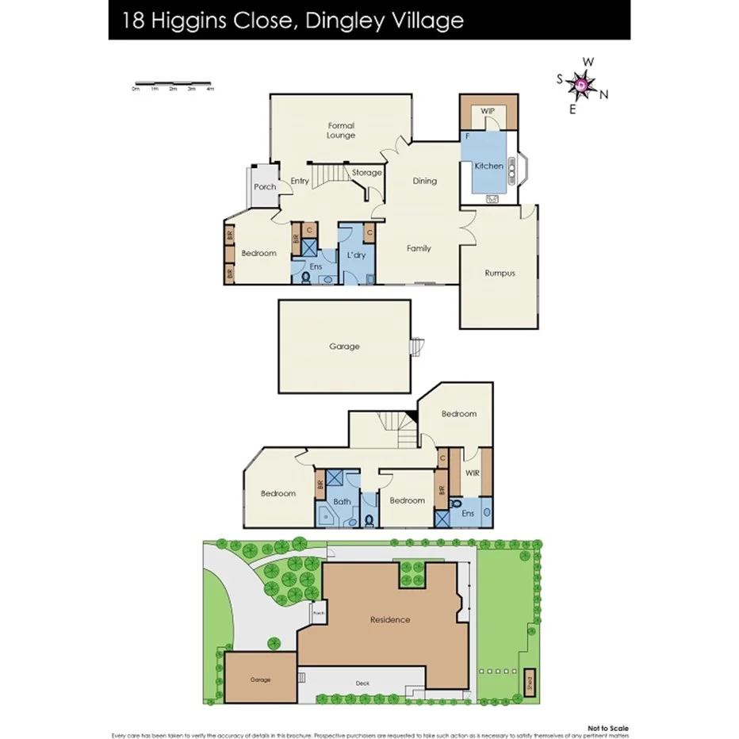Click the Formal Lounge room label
tap(341, 130)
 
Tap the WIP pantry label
tap(488, 111)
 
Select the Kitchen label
tap(488, 166)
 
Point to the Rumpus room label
tap(500, 273)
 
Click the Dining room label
tap(425, 181)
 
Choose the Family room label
tap(419, 248)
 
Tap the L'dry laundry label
tap(356, 255)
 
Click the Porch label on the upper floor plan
tap(265, 187)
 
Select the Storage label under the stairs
tap(366, 172)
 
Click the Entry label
tap(300, 181)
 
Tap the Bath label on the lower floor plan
tap(342, 501)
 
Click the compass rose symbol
tap(582, 84)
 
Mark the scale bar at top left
tap(173, 83)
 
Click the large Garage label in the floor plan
tap(344, 347)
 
